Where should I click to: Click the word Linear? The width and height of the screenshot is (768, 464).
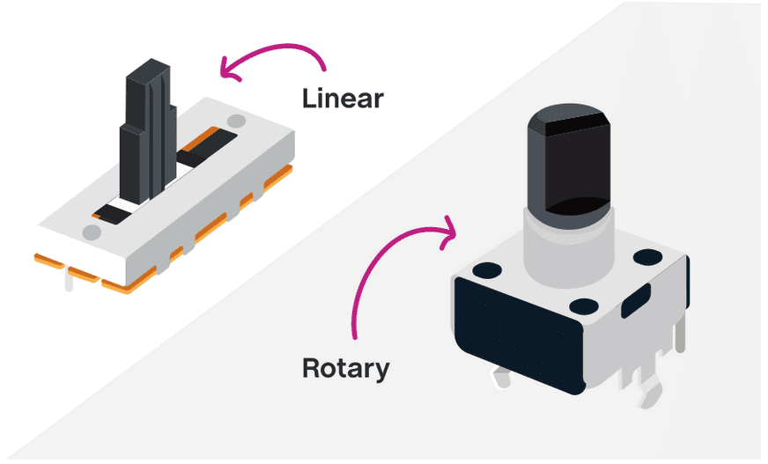(x=343, y=98)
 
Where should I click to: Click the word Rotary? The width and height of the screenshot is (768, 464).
(x=344, y=367)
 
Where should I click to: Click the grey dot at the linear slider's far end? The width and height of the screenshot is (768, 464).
(x=235, y=121)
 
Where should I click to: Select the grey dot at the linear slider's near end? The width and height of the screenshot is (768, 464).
(x=91, y=232)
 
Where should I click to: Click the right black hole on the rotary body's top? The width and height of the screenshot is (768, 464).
(x=647, y=256)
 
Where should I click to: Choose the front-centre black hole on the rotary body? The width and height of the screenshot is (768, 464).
(x=584, y=306)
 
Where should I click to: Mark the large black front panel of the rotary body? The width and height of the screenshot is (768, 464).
(x=518, y=335)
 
